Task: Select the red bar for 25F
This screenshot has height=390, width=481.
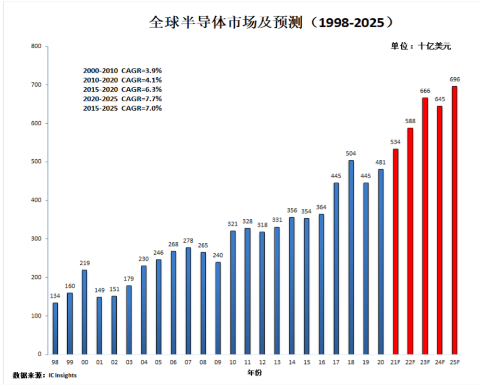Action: [454, 219]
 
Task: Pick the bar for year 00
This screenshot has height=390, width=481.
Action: [85, 312]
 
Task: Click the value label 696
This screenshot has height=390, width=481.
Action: [454, 79]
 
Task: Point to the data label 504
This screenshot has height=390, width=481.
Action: [351, 153]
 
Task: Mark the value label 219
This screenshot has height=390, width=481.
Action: [85, 263]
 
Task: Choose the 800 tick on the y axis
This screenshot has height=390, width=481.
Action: [36, 46]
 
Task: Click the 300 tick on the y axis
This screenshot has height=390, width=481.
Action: [36, 239]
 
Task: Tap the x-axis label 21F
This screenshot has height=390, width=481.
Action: [395, 362]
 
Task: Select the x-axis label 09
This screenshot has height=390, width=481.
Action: [218, 362]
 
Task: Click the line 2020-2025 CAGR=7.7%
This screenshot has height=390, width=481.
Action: [122, 99]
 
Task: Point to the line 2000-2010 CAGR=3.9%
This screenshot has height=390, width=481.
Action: [122, 70]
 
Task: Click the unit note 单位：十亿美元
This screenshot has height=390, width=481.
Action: [421, 46]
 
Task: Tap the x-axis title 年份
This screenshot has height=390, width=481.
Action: [255, 373]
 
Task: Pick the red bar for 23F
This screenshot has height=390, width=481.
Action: [425, 226]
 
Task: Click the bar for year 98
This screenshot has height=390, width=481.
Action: [55, 328]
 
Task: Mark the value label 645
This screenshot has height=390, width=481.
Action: [440, 99]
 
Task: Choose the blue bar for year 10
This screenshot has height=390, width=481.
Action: [233, 292]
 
